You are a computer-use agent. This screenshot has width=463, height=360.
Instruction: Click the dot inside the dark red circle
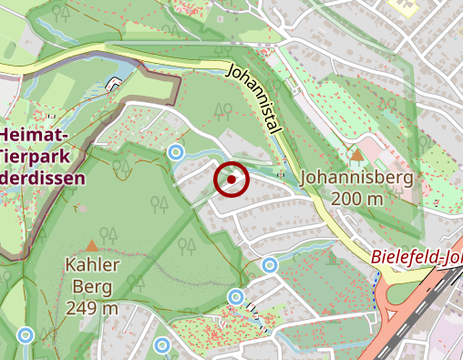pos(232,180)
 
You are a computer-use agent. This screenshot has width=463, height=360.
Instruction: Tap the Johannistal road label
pos(254,100)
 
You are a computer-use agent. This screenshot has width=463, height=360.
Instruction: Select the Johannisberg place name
pos(356,177)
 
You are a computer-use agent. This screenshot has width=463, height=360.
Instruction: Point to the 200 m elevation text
pos(357,199)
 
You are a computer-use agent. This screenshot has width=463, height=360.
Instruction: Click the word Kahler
pos(92,265)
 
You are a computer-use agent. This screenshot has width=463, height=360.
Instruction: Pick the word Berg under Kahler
pos(92,287)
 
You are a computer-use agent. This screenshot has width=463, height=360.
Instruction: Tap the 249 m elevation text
pos(93,308)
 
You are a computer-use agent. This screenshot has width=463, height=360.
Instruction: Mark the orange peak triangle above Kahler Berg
pos(91,245)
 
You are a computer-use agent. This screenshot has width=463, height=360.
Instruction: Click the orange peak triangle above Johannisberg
pos(357,155)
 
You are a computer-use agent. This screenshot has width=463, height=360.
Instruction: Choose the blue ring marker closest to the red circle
pos(177,152)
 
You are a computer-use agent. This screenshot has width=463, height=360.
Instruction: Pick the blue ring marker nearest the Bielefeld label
pos(270,265)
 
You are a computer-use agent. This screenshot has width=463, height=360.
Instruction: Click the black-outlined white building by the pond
pos(114,85)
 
